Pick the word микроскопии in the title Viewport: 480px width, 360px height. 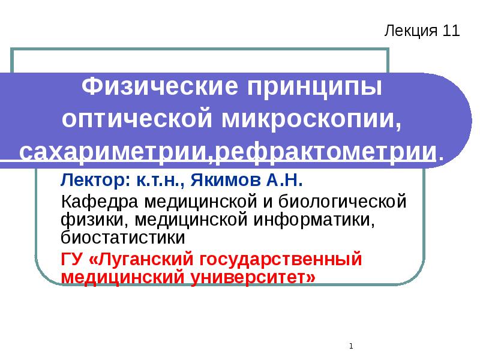pyautogui.click(x=310, y=119)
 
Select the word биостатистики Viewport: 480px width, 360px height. pyautogui.click(x=124, y=237)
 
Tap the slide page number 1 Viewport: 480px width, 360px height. pyautogui.click(x=350, y=346)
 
